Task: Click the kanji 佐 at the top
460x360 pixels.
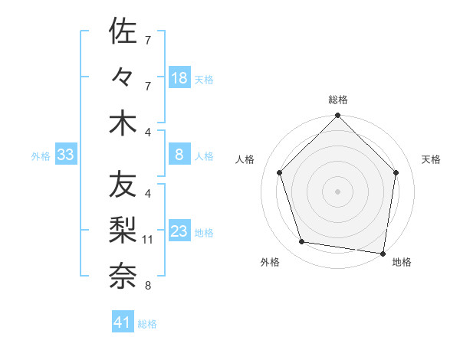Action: coord(123,31)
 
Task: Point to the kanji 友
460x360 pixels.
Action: coord(123,185)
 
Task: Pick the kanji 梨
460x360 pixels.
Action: coord(123,229)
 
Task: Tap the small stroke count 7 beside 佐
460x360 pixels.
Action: coord(147,40)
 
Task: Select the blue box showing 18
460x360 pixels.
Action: coord(179,78)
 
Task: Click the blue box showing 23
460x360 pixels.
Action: coord(179,232)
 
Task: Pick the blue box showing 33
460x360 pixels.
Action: coord(65,155)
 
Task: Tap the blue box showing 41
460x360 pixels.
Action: coord(123,322)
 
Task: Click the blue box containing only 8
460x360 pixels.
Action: coord(179,155)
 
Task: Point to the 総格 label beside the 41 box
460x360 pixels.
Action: coord(147,324)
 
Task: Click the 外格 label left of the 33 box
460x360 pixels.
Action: coord(41,156)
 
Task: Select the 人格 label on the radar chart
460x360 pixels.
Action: coord(245,159)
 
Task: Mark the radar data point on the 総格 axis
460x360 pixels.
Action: coord(337,116)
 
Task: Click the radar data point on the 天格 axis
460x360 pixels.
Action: coord(396,172)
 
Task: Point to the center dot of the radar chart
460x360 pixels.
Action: coord(337,191)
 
